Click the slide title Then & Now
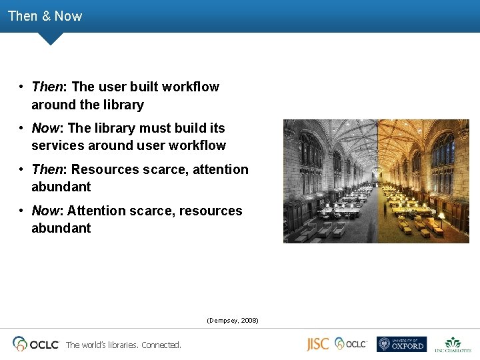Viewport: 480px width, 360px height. (45, 16)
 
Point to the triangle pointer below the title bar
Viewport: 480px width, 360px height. (51, 38)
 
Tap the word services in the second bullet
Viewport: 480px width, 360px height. (56, 145)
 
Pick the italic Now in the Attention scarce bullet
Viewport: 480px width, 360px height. (45, 211)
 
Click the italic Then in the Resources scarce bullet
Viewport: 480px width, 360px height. (47, 169)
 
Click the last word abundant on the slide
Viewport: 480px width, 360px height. (61, 228)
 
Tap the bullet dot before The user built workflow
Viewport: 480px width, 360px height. (22, 87)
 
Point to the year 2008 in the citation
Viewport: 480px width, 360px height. (249, 321)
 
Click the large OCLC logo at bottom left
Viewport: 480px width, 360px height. (36, 344)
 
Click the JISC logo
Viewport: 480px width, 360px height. (318, 344)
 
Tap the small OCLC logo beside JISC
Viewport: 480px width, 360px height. (351, 343)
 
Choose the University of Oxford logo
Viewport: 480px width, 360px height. (401, 344)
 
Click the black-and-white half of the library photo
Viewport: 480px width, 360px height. (330, 181)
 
